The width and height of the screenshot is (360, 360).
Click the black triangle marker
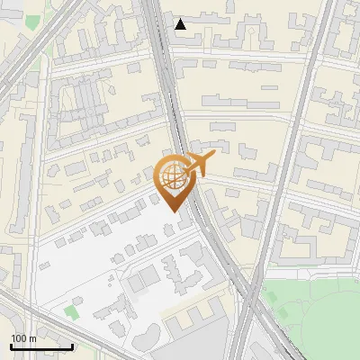181,24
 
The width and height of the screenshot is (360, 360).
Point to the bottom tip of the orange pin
175,211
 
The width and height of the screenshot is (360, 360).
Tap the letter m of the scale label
33,338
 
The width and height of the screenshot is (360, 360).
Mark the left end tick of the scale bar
11,346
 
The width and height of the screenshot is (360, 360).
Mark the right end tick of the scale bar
72,346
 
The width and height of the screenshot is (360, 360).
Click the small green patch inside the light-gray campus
71,312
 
